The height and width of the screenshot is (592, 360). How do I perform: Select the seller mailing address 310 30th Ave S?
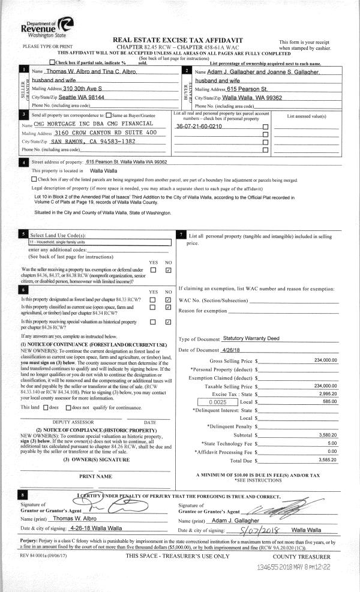click(x=89, y=88)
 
